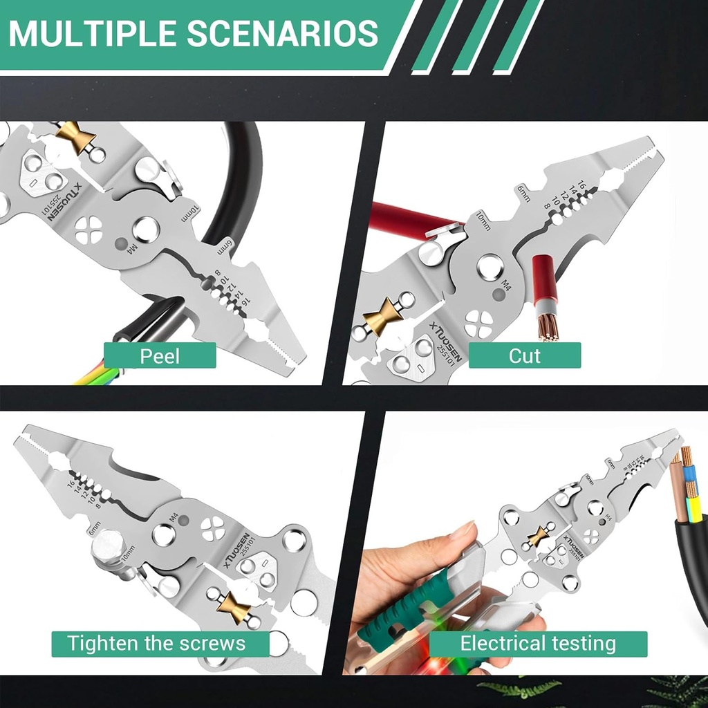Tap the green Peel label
click(x=160, y=356)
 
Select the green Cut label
click(x=525, y=356)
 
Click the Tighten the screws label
click(x=156, y=644)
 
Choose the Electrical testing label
click(x=538, y=644)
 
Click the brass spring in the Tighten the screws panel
click(x=233, y=606)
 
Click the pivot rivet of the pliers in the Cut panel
click(x=490, y=266)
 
